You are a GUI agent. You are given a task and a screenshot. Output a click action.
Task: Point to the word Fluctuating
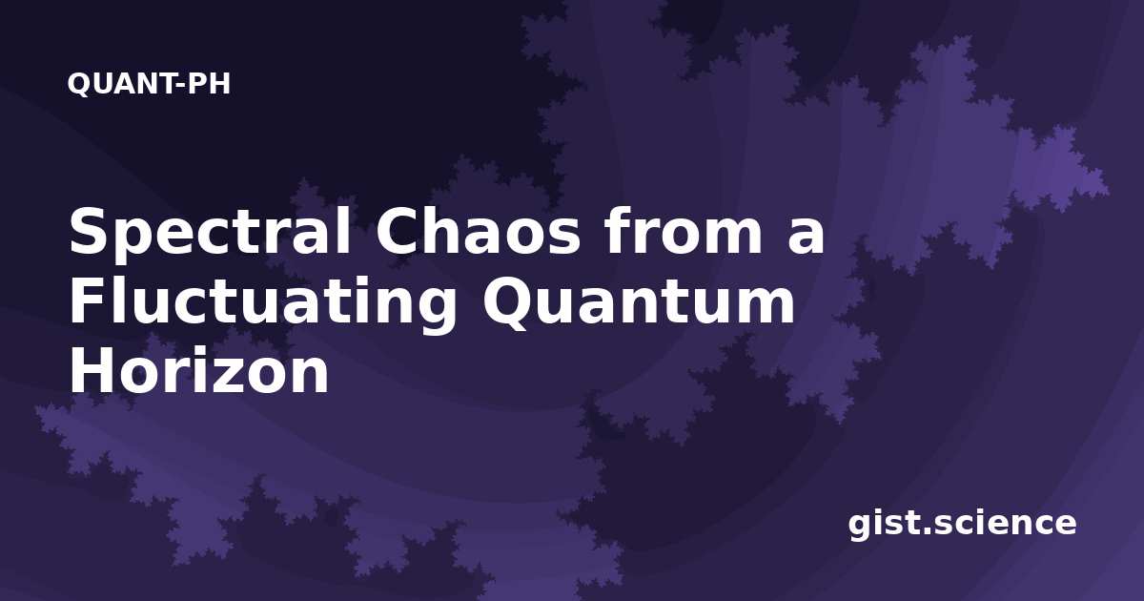(x=263, y=304)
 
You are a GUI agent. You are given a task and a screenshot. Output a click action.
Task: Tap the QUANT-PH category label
(x=149, y=84)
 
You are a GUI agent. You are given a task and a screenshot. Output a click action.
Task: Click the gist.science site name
(x=962, y=524)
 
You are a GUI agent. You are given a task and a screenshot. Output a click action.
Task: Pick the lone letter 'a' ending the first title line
(x=807, y=237)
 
